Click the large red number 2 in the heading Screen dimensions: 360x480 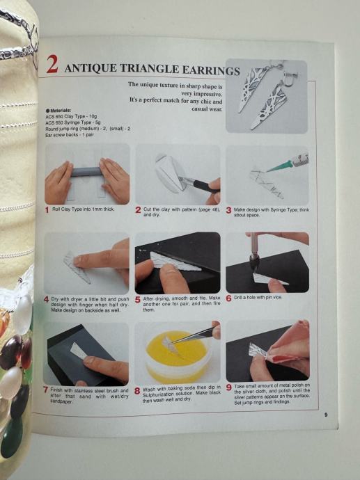click(52, 64)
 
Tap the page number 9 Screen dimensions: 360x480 click(326, 415)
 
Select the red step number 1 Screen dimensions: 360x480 click(47, 210)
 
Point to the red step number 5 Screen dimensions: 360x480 click(138, 300)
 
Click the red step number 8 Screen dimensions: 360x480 click(137, 391)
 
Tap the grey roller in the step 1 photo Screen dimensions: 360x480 click(87, 172)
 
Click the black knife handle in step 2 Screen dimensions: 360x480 click(206, 186)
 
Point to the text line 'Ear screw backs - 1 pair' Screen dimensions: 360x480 click(70, 135)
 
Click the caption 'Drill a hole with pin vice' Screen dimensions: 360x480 click(258, 297)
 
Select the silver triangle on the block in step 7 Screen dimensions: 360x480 click(82, 351)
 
